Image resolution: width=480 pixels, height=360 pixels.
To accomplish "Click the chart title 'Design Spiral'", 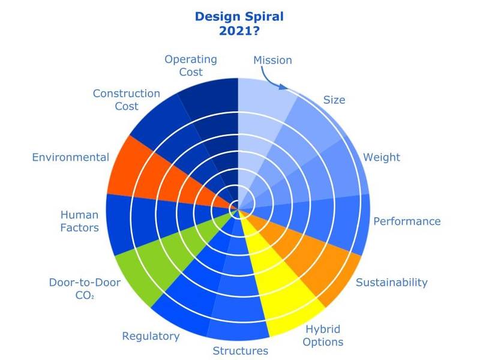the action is tap(239, 17).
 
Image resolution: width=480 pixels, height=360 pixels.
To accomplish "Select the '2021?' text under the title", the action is tap(239, 31).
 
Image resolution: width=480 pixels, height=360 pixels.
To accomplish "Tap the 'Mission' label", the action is tap(272, 60).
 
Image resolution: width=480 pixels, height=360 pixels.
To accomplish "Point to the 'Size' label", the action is tap(334, 100).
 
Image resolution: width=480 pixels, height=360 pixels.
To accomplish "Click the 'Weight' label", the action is tap(382, 157).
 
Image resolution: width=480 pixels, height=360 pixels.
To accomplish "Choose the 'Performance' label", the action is tap(407, 221).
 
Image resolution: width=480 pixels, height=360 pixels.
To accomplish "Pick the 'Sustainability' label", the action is tap(392, 282).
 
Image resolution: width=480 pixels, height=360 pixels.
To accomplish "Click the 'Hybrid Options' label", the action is tap(323, 335).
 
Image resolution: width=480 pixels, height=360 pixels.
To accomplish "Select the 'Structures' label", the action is tap(241, 351).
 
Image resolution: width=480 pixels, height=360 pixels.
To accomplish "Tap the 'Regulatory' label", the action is tap(151, 336).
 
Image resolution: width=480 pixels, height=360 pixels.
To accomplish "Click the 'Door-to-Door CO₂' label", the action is tap(85, 289).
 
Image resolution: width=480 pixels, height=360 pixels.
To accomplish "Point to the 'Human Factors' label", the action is tap(80, 221).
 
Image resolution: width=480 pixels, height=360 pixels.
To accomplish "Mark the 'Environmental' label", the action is tap(71, 157).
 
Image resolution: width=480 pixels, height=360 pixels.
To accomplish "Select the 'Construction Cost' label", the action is tap(127, 100).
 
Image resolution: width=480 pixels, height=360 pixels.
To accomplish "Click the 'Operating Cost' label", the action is tap(191, 65).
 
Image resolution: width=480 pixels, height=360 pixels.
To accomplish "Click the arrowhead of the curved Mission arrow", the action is tap(283, 87).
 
